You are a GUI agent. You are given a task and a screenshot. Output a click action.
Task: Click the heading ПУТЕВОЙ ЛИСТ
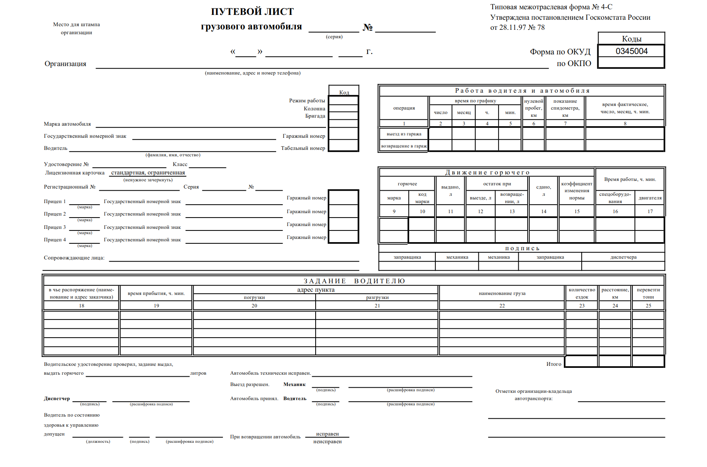coord(252,12)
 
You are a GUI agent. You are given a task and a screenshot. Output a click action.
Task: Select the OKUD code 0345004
coord(631,51)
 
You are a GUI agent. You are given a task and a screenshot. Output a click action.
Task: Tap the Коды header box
coord(631,39)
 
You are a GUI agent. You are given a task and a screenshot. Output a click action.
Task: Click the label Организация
coord(65,64)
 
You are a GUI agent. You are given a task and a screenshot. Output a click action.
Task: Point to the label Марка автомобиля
coord(67,124)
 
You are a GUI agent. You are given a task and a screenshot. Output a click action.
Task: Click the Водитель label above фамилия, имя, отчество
coord(56,148)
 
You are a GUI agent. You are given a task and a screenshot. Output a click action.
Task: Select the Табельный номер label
coord(303,148)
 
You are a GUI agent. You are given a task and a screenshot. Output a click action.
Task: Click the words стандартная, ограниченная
coord(148,172)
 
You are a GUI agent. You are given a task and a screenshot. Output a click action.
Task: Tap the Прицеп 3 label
coord(55,227)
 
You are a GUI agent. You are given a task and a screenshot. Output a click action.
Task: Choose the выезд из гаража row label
coord(404,134)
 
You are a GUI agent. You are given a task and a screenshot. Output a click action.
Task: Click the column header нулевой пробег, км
coord(534,108)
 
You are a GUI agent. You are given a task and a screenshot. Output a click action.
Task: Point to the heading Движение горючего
coord(487,172)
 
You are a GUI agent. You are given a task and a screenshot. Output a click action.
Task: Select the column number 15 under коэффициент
coord(577,211)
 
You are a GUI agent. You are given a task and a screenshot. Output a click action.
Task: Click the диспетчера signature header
coord(623,257)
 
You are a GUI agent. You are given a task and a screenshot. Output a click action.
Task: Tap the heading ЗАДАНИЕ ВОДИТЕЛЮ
coord(354,281)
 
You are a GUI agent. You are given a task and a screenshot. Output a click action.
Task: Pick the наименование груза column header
coord(502,293)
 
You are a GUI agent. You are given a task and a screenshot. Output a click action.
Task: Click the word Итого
coord(553,364)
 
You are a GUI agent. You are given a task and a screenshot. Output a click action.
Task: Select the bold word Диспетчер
coord(57,399)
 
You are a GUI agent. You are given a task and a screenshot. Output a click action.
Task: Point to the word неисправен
coord(327,442)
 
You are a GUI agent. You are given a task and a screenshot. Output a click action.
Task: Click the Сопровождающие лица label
coord(74,258)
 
